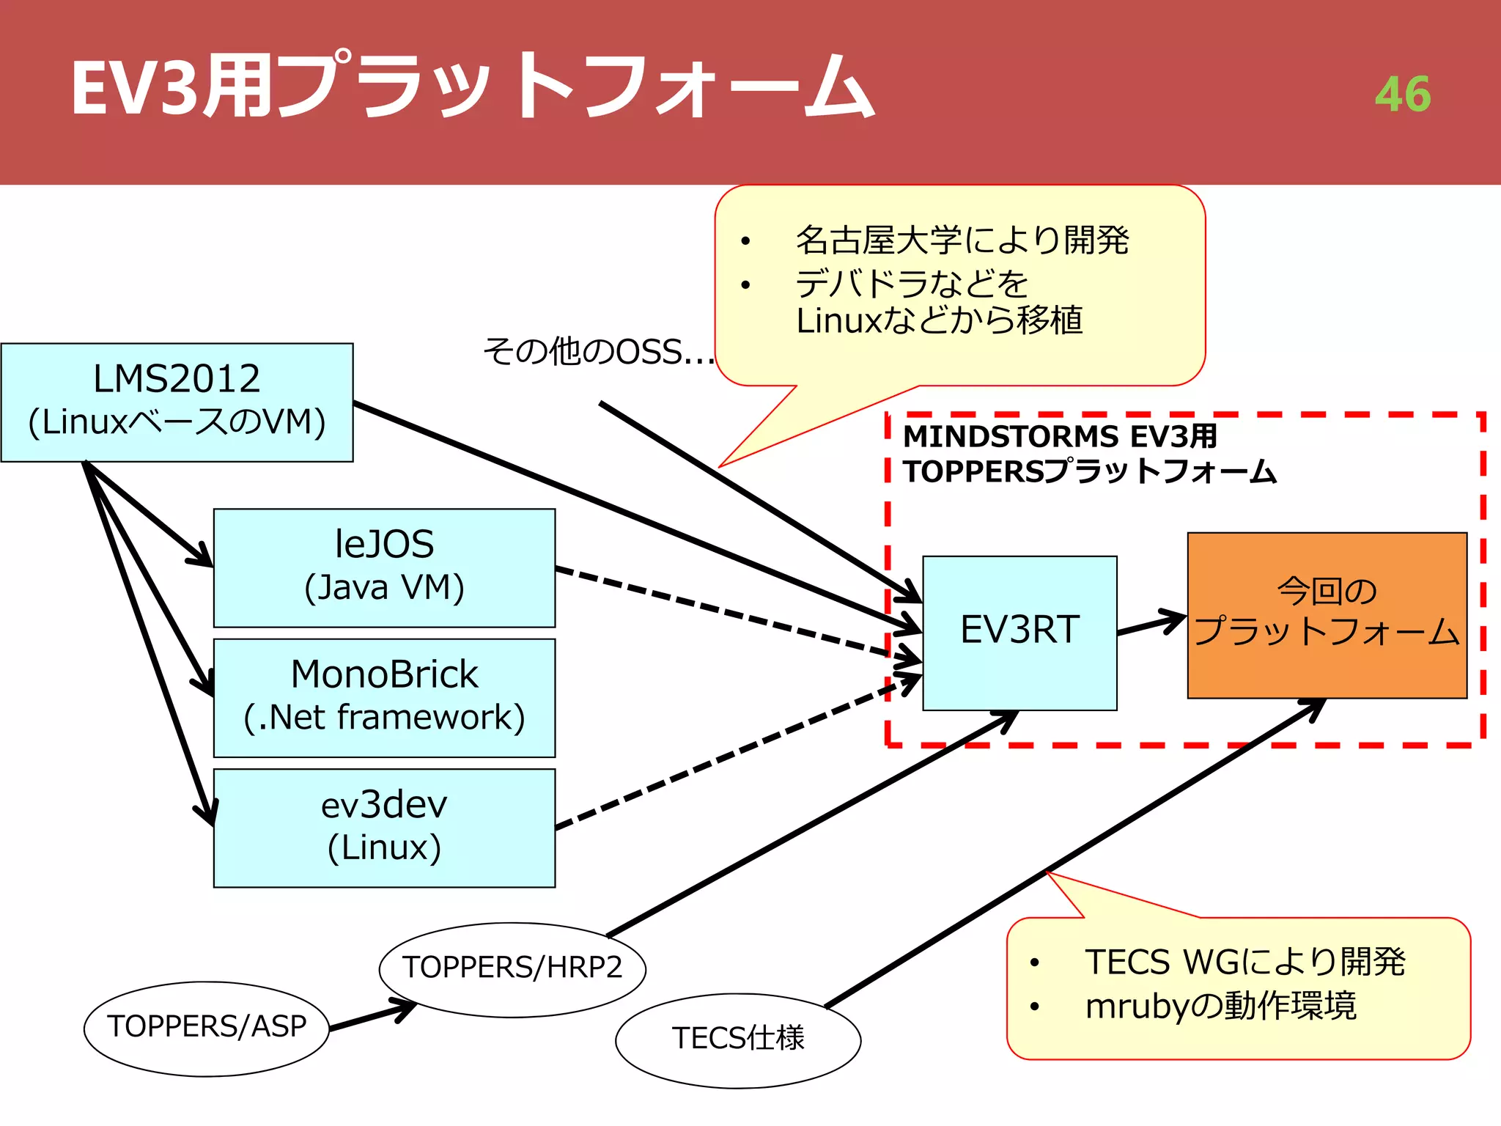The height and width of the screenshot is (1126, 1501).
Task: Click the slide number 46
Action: [x=1402, y=95]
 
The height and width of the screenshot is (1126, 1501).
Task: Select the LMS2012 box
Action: [x=177, y=402]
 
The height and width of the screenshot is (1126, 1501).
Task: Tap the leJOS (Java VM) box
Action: [x=384, y=567]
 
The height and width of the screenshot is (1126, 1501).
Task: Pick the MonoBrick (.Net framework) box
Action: [x=384, y=697]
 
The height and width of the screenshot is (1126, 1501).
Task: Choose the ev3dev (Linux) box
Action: [x=384, y=828]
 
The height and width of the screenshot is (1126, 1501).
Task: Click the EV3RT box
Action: [x=1019, y=632]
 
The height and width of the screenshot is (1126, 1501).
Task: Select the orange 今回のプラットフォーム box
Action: [x=1327, y=614]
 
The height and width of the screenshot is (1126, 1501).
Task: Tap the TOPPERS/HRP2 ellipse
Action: [x=512, y=968]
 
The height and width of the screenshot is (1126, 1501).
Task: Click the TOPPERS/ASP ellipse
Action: [x=207, y=1028]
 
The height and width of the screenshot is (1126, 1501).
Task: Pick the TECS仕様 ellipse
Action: [x=737, y=1039]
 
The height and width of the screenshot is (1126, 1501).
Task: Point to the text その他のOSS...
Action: [x=597, y=353]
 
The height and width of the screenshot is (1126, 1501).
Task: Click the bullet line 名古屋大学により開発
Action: [x=962, y=240]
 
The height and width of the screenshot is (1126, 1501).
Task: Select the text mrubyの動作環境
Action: [x=1220, y=1006]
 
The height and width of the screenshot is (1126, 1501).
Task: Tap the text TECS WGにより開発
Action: [x=1244, y=962]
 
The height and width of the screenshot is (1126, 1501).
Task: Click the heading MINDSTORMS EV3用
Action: [x=1059, y=436]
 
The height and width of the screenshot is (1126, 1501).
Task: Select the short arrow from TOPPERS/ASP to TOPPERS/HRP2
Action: [x=372, y=1018]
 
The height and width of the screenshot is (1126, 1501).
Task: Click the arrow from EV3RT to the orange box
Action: [x=1151, y=624]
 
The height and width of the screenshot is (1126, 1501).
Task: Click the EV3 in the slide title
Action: [x=135, y=88]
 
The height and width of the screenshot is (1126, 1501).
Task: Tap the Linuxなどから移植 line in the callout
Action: [x=940, y=321]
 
